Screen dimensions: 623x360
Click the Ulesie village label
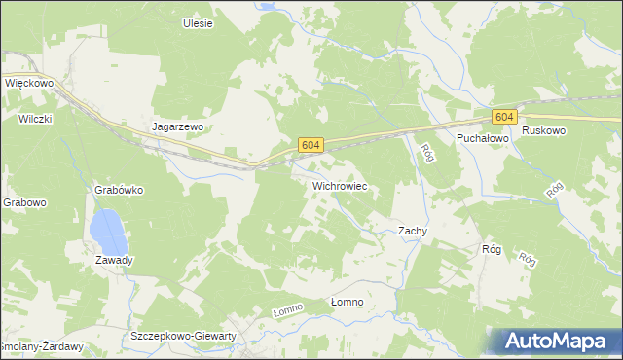[x=198, y=23]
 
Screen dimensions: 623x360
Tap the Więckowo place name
[x=28, y=84]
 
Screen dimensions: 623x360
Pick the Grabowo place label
[x=24, y=203]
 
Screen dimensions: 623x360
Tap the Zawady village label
[x=114, y=260]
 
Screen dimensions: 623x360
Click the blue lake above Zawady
[x=106, y=232]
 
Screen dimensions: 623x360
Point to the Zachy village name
[x=414, y=232]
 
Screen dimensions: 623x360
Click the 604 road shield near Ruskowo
[x=502, y=117]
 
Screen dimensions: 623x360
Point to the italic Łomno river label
[x=287, y=309]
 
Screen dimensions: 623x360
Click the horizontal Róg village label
[x=491, y=250]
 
